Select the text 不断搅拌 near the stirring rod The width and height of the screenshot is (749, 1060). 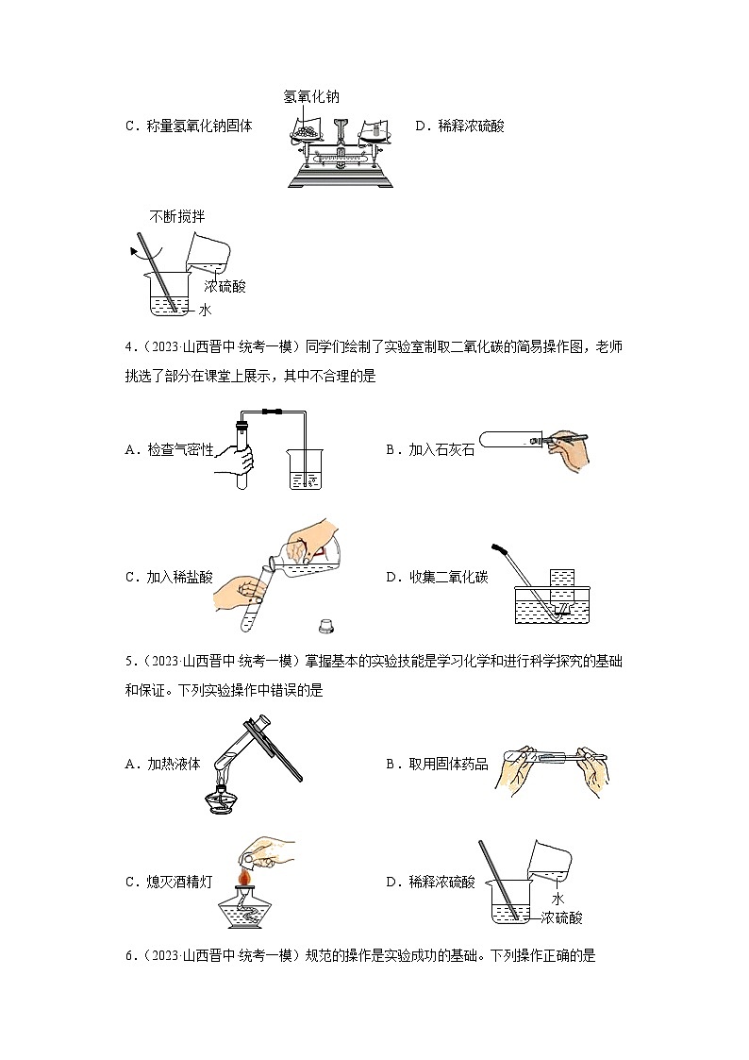pos(176,217)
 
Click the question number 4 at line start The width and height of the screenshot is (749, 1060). pos(128,349)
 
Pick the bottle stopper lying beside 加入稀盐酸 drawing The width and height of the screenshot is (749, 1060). pos(325,624)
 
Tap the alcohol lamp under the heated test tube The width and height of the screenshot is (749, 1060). pos(224,799)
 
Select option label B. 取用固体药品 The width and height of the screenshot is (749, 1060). pos(436,763)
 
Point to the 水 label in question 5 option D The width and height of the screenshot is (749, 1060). pos(558,900)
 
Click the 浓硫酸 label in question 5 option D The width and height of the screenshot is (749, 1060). pos(563,917)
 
